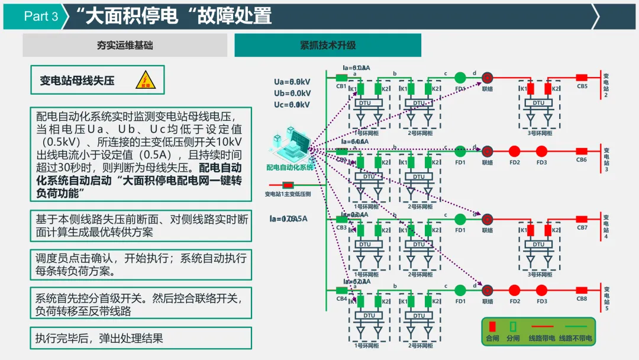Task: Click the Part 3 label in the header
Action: [x=41, y=17]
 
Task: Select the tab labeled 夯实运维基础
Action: [x=125, y=45]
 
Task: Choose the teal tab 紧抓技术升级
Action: [x=328, y=45]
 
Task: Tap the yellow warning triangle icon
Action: [x=144, y=79]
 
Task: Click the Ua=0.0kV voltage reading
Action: [x=292, y=82]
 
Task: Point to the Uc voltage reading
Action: [x=292, y=105]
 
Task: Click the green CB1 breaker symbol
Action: [x=341, y=78]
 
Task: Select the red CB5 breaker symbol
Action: [x=582, y=78]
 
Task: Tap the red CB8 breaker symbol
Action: [x=582, y=290]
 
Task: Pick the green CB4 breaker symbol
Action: [x=341, y=290]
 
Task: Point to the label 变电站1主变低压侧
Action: [x=288, y=194]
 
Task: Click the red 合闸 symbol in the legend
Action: [x=492, y=326]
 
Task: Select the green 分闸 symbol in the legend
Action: [x=514, y=326]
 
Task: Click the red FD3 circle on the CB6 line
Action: [x=541, y=151]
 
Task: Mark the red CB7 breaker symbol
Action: [x=582, y=219]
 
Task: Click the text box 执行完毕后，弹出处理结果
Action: [x=141, y=338]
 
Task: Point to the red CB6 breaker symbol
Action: [x=582, y=151]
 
